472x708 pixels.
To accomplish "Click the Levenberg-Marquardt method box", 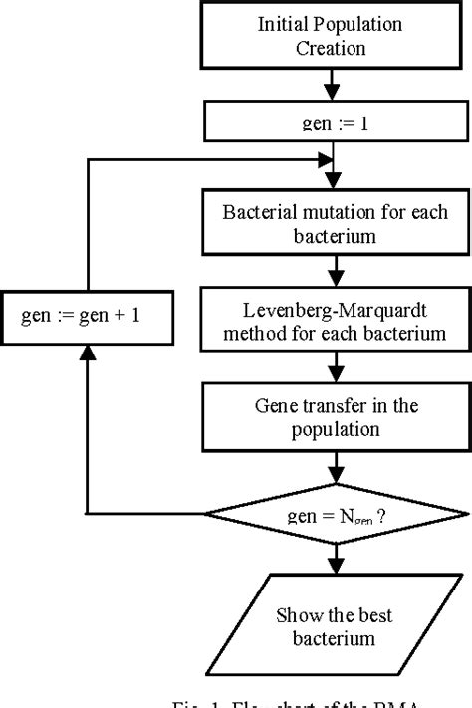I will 338,318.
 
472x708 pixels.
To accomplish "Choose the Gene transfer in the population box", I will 338,415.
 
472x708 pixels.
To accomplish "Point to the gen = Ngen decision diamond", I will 338,513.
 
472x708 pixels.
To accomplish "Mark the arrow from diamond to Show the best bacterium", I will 338,560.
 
